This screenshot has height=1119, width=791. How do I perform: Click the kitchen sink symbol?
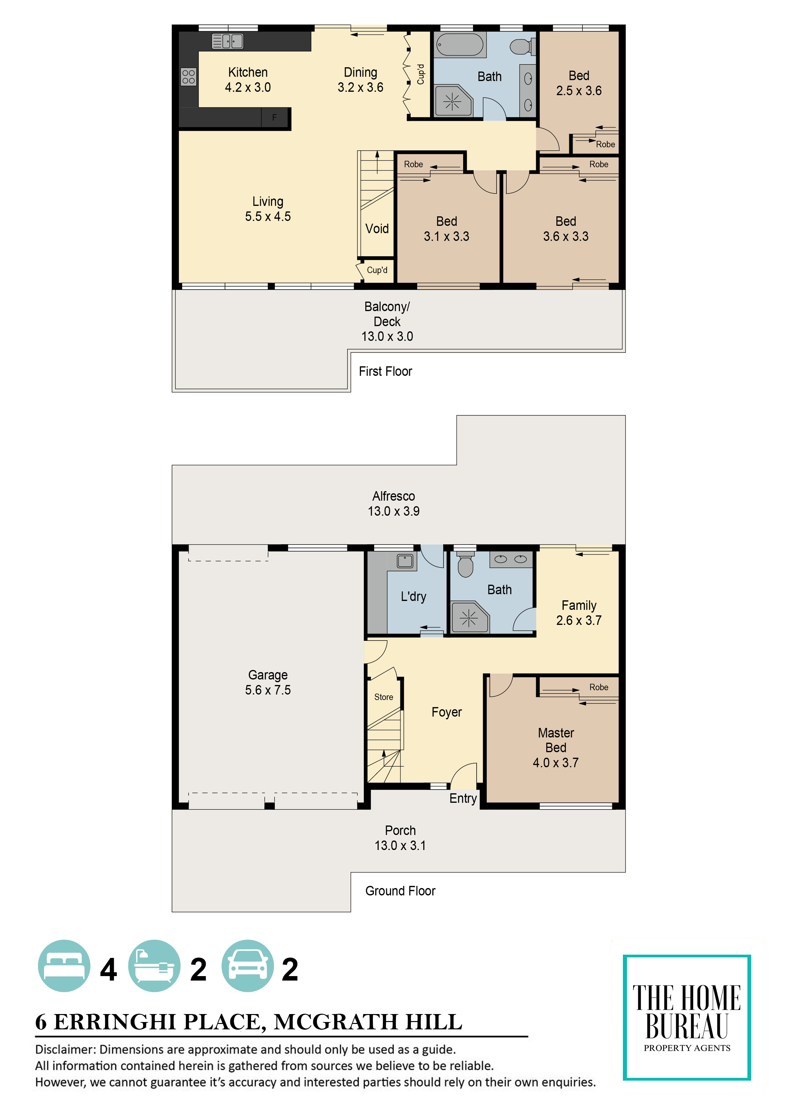tap(227, 41)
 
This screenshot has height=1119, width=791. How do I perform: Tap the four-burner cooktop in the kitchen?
tap(189, 77)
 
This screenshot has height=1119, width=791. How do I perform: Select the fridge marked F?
tap(274, 117)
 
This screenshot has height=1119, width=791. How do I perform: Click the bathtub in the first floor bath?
tap(460, 45)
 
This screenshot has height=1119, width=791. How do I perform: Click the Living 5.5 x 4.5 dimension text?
tap(268, 216)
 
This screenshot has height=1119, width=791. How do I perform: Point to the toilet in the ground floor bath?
tap(465, 564)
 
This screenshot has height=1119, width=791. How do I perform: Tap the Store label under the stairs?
tap(384, 697)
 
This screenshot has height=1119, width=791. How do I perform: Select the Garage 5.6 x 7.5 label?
tap(268, 682)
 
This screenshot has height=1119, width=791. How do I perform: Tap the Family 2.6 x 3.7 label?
tap(579, 613)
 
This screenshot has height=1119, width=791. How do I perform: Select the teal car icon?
tap(248, 966)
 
